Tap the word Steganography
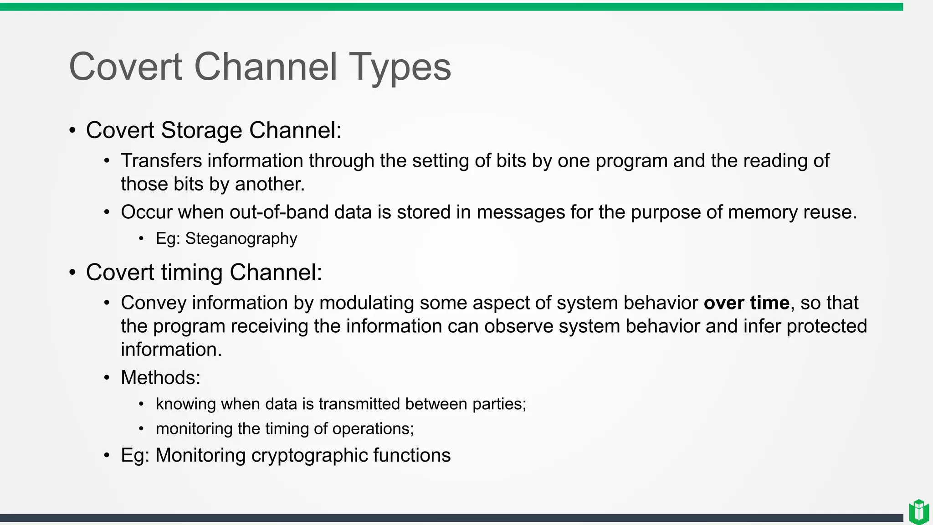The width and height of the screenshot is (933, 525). (x=241, y=239)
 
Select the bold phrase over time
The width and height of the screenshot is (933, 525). (x=746, y=303)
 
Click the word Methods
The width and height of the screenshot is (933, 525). (x=160, y=378)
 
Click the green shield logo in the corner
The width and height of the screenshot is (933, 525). (x=918, y=512)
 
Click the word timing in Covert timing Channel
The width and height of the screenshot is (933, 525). (x=192, y=273)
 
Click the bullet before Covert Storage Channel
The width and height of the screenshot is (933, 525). (x=72, y=131)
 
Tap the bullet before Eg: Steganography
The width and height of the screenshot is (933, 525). (x=141, y=239)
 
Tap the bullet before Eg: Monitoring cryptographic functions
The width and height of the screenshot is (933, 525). (x=107, y=455)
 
